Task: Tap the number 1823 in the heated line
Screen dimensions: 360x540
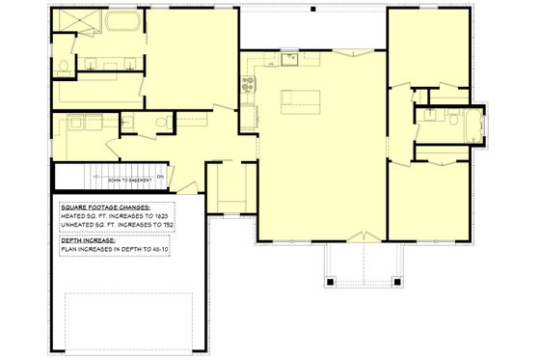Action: tap(164, 216)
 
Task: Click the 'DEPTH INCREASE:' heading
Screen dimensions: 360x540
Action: tap(88, 239)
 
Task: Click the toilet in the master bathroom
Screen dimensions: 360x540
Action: tap(63, 66)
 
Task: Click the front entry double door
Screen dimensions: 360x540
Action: tap(364, 236)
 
